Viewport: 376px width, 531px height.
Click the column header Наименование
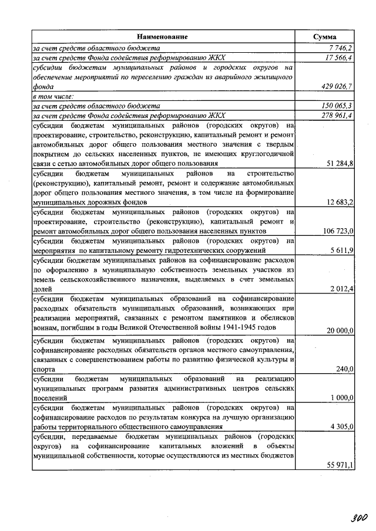click(x=164, y=37)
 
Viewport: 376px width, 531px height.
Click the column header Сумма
click(x=324, y=37)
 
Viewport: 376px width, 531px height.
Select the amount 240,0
click(x=344, y=369)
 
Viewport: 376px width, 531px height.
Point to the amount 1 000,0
click(x=341, y=398)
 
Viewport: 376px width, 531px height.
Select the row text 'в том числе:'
click(x=53, y=96)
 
